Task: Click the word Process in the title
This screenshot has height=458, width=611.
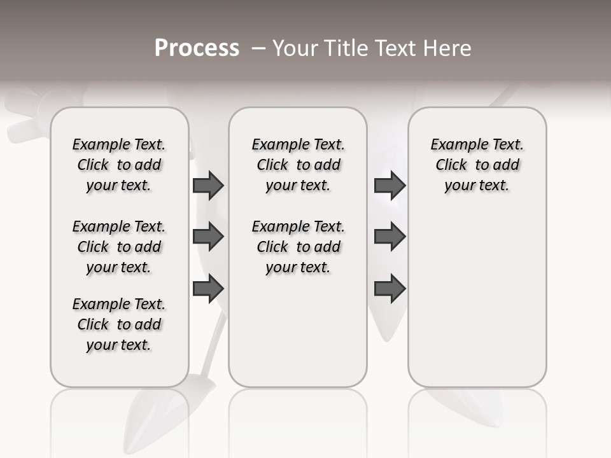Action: tap(197, 48)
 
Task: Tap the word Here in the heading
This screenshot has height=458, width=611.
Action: tap(448, 48)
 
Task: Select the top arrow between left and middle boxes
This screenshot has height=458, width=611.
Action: tap(208, 186)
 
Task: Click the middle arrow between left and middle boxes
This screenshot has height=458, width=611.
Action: tap(208, 237)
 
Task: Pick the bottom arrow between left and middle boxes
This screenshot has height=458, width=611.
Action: tap(208, 288)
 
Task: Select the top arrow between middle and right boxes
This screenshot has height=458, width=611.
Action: tap(390, 186)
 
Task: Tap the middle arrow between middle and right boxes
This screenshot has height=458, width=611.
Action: tap(390, 237)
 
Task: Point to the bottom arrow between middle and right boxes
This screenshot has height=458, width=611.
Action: tap(390, 288)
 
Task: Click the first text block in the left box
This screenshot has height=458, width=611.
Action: tap(119, 165)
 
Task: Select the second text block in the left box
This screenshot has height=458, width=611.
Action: tap(119, 247)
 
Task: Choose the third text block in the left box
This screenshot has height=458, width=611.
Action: tap(119, 324)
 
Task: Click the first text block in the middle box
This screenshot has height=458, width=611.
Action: tap(298, 165)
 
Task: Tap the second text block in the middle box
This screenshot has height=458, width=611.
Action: tap(298, 247)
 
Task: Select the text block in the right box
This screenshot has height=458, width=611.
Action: tap(477, 165)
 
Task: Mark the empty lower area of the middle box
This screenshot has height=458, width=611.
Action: tap(298, 331)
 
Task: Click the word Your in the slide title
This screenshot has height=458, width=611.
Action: tap(293, 48)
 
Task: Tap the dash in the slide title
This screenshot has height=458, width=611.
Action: tap(258, 48)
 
